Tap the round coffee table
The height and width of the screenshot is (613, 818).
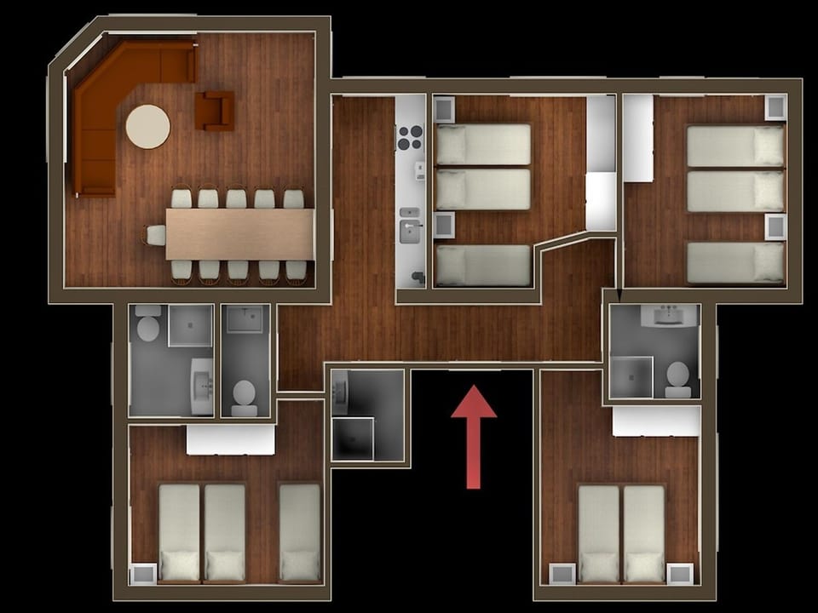(148, 127)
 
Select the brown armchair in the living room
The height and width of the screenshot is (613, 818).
(214, 111)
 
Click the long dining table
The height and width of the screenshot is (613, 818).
(239, 234)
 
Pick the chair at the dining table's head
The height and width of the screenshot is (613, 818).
(154, 235)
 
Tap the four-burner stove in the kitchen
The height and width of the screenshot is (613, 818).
(411, 137)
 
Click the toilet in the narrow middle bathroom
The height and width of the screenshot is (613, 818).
(245, 394)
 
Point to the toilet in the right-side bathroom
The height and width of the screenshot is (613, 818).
(678, 377)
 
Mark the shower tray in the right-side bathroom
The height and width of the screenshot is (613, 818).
(632, 376)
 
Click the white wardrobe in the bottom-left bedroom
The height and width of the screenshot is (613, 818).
(231, 439)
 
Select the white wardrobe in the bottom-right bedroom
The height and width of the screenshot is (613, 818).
(656, 421)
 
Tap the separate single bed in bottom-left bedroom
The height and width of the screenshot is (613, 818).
(300, 532)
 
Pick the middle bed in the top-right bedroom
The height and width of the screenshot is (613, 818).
(735, 192)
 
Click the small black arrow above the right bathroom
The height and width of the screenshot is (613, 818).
(619, 295)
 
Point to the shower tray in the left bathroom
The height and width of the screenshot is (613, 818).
(190, 326)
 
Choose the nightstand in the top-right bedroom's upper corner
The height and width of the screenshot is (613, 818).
(775, 107)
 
